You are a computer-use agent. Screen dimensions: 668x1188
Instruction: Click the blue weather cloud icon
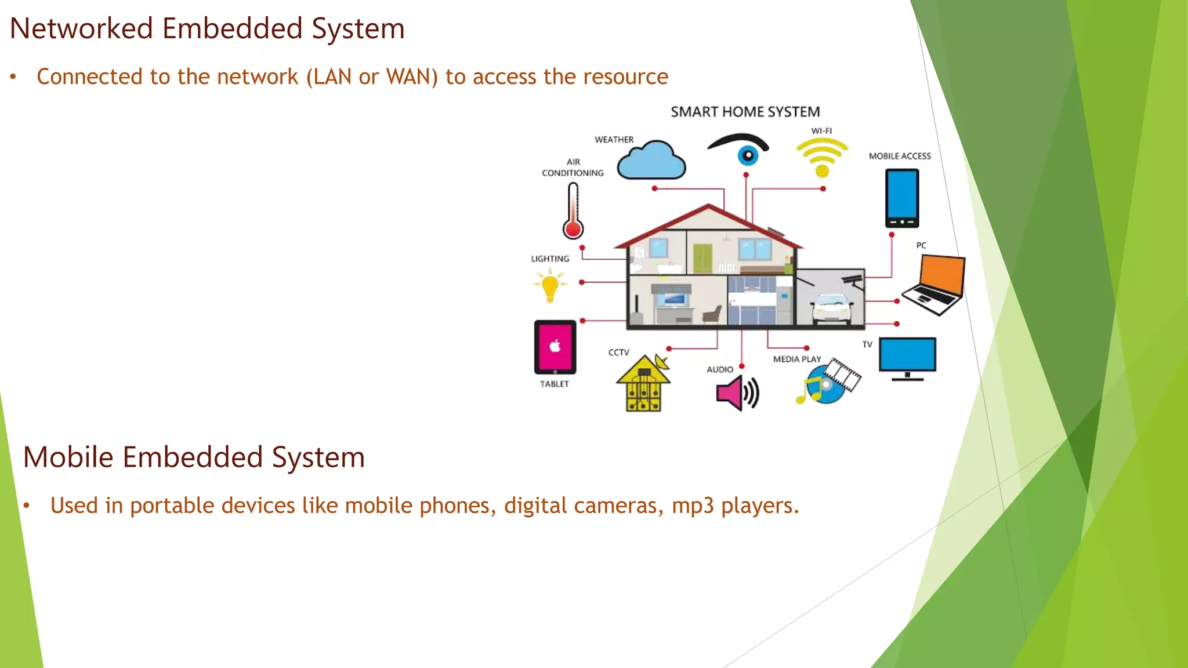click(651, 161)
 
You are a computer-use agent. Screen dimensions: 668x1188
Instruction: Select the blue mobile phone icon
click(902, 198)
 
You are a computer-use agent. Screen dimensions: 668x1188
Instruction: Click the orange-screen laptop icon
click(936, 285)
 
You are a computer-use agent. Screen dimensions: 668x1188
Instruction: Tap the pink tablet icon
click(555, 347)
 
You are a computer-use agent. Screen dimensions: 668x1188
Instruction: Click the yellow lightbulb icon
click(550, 286)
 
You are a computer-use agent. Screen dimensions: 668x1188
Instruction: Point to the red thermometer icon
click(573, 212)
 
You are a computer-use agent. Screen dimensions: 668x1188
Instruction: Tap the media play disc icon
click(827, 384)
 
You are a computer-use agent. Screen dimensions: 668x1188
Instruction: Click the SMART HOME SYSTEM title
click(745, 111)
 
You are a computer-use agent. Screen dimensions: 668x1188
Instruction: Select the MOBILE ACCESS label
click(900, 156)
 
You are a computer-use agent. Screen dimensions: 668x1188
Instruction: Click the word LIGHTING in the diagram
click(550, 259)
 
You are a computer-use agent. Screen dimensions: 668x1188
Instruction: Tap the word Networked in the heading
click(81, 28)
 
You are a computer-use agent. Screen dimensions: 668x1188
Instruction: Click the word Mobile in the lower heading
click(68, 457)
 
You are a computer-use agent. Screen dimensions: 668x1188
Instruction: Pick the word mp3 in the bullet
click(693, 506)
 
